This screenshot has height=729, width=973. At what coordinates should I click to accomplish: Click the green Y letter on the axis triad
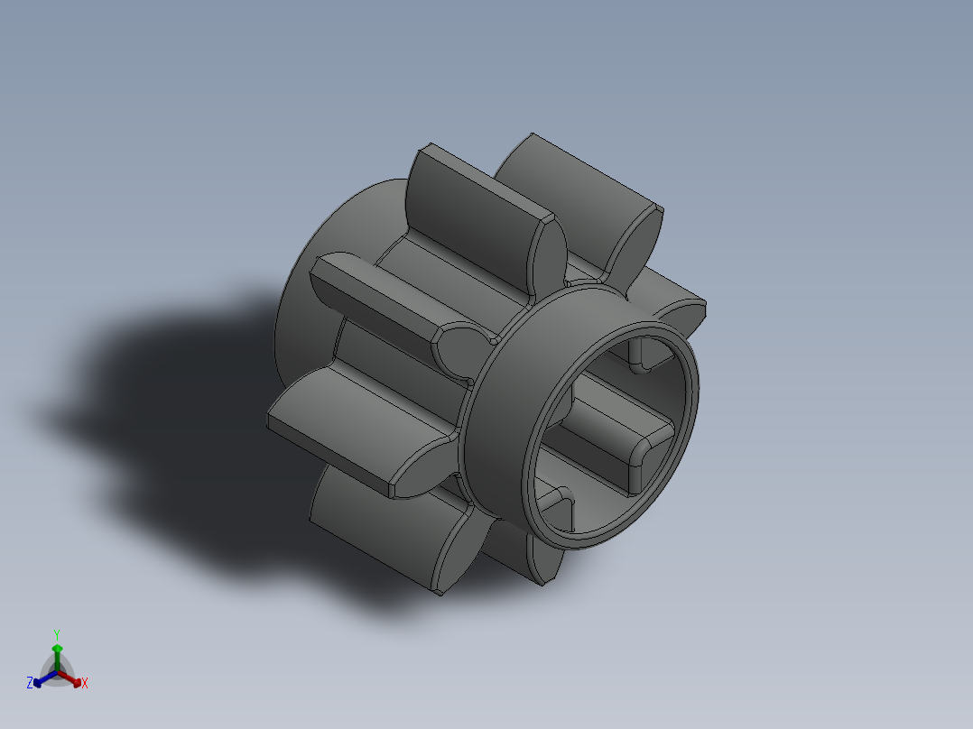[x=56, y=634]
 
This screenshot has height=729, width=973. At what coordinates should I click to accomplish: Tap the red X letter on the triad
[x=85, y=683]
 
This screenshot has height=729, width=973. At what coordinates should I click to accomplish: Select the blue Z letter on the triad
[x=30, y=683]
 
